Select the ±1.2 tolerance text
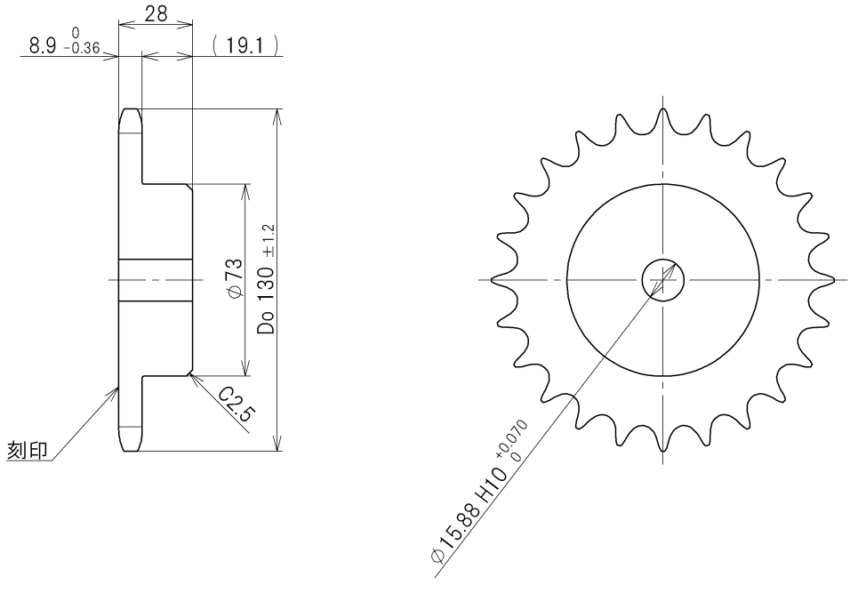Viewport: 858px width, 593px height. click(x=269, y=239)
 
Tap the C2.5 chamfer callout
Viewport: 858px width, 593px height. click(x=236, y=405)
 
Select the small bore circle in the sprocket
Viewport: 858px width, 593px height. click(x=663, y=281)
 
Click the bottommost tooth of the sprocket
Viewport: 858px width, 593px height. click(x=663, y=444)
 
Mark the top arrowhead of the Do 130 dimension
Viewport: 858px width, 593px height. click(x=279, y=116)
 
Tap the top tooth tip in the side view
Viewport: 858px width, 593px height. click(x=130, y=111)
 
